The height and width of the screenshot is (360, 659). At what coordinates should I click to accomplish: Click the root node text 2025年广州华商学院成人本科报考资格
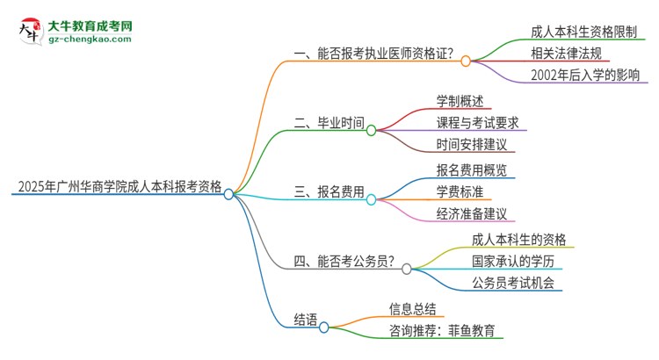pyautogui.click(x=119, y=186)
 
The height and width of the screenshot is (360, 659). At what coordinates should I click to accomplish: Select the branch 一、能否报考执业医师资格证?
pyautogui.click(x=373, y=54)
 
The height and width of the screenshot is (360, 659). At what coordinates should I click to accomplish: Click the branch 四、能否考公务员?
pyautogui.click(x=344, y=262)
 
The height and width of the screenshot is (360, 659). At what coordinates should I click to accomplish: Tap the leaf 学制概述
pyautogui.click(x=460, y=100)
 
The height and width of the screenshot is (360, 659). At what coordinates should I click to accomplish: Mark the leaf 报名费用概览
pyautogui.click(x=471, y=169)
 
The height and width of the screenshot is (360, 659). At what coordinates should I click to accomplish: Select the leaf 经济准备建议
pyautogui.click(x=473, y=213)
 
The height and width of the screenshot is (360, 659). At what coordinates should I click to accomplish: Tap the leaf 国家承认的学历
pyautogui.click(x=514, y=261)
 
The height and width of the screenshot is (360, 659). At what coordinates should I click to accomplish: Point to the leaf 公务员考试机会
pyautogui.click(x=514, y=283)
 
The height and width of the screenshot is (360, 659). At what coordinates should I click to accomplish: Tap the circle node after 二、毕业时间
pyautogui.click(x=371, y=131)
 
